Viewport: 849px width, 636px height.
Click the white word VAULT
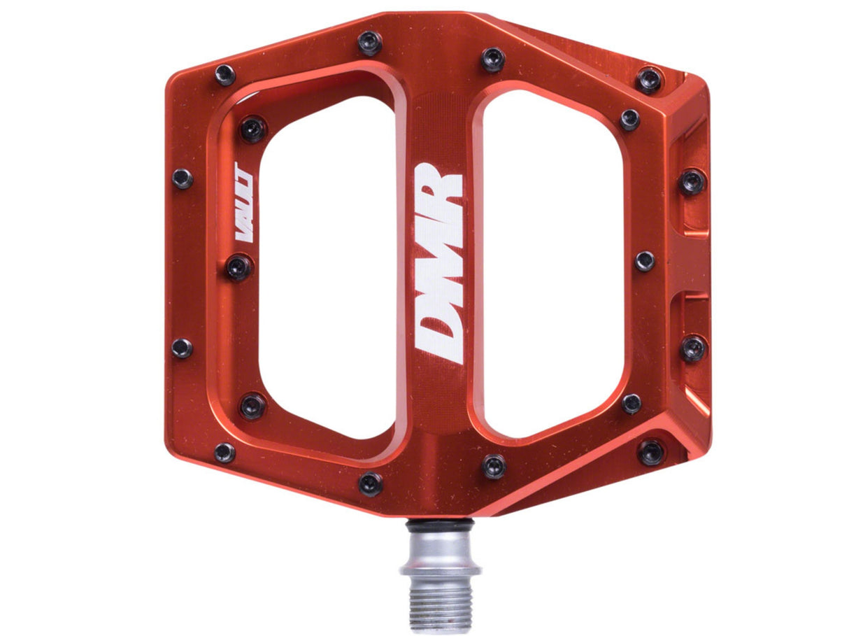coord(244,202)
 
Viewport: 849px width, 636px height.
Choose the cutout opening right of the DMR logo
coord(552,266)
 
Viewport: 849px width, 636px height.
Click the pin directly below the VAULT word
coord(238,267)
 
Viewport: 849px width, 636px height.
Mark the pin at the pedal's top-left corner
coord(224,74)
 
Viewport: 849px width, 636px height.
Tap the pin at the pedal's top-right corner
coord(649,79)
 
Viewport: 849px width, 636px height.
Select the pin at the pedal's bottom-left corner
coord(224,452)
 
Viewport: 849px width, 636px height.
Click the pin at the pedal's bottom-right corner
coord(650,452)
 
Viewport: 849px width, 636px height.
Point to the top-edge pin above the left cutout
coord(370,43)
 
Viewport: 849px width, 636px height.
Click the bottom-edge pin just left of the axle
coord(370,483)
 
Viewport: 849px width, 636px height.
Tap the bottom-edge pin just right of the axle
coord(493,466)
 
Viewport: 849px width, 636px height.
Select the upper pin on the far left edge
coord(182,178)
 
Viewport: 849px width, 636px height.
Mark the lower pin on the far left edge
coord(181,347)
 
